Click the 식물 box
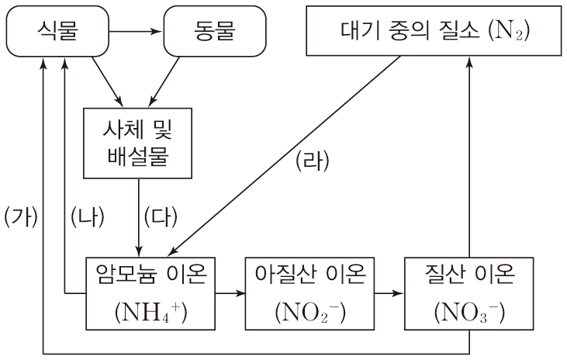(x=58, y=33)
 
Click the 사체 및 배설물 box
(x=139, y=141)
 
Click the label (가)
(x=21, y=213)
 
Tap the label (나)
(x=86, y=213)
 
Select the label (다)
(x=161, y=213)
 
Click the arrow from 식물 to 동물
(x=136, y=33)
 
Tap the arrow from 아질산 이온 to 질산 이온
(x=389, y=293)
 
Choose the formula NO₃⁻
(x=470, y=313)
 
